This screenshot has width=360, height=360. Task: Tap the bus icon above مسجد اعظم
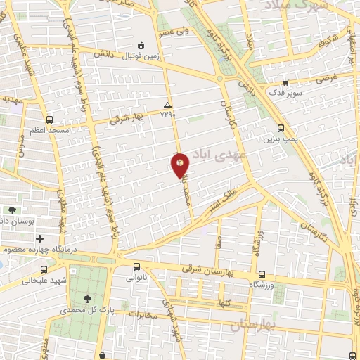49,120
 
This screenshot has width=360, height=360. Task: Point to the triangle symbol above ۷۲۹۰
167,103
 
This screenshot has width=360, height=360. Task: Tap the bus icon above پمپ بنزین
281,128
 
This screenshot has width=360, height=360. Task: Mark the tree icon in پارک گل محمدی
86,298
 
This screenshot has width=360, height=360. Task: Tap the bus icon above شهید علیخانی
44,269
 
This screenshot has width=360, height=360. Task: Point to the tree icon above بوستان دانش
13,210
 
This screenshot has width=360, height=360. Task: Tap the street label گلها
244,302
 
